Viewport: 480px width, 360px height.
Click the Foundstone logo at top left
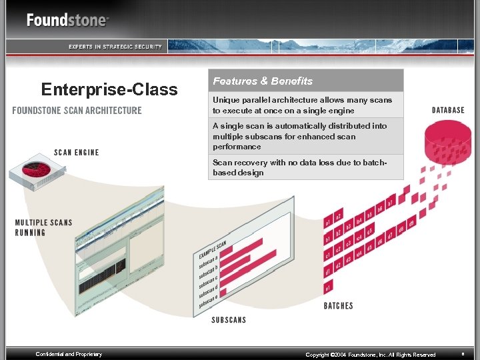[x=67, y=20]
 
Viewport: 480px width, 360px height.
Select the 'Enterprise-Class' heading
[x=109, y=89]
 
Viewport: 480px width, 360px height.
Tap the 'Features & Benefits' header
[x=263, y=81]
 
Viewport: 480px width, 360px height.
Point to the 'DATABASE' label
[x=448, y=110]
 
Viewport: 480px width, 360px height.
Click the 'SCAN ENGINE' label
[x=77, y=152]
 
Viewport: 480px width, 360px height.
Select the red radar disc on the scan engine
[x=37, y=170]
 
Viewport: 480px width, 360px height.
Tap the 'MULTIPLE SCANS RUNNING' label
[x=43, y=227]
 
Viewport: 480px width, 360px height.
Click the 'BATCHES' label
[x=338, y=306]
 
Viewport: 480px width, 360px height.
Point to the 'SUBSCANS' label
[x=229, y=320]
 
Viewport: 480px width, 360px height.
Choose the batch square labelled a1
[x=328, y=221]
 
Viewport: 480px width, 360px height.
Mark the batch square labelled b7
[x=391, y=201]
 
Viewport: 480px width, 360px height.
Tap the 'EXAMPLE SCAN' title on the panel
[x=213, y=250]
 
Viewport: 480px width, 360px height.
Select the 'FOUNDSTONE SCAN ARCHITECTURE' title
[x=77, y=111]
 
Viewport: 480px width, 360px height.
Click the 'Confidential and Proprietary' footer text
[x=69, y=354]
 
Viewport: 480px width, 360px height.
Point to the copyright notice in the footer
[x=370, y=355]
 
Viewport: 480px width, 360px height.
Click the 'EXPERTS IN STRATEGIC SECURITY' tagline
[x=115, y=46]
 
